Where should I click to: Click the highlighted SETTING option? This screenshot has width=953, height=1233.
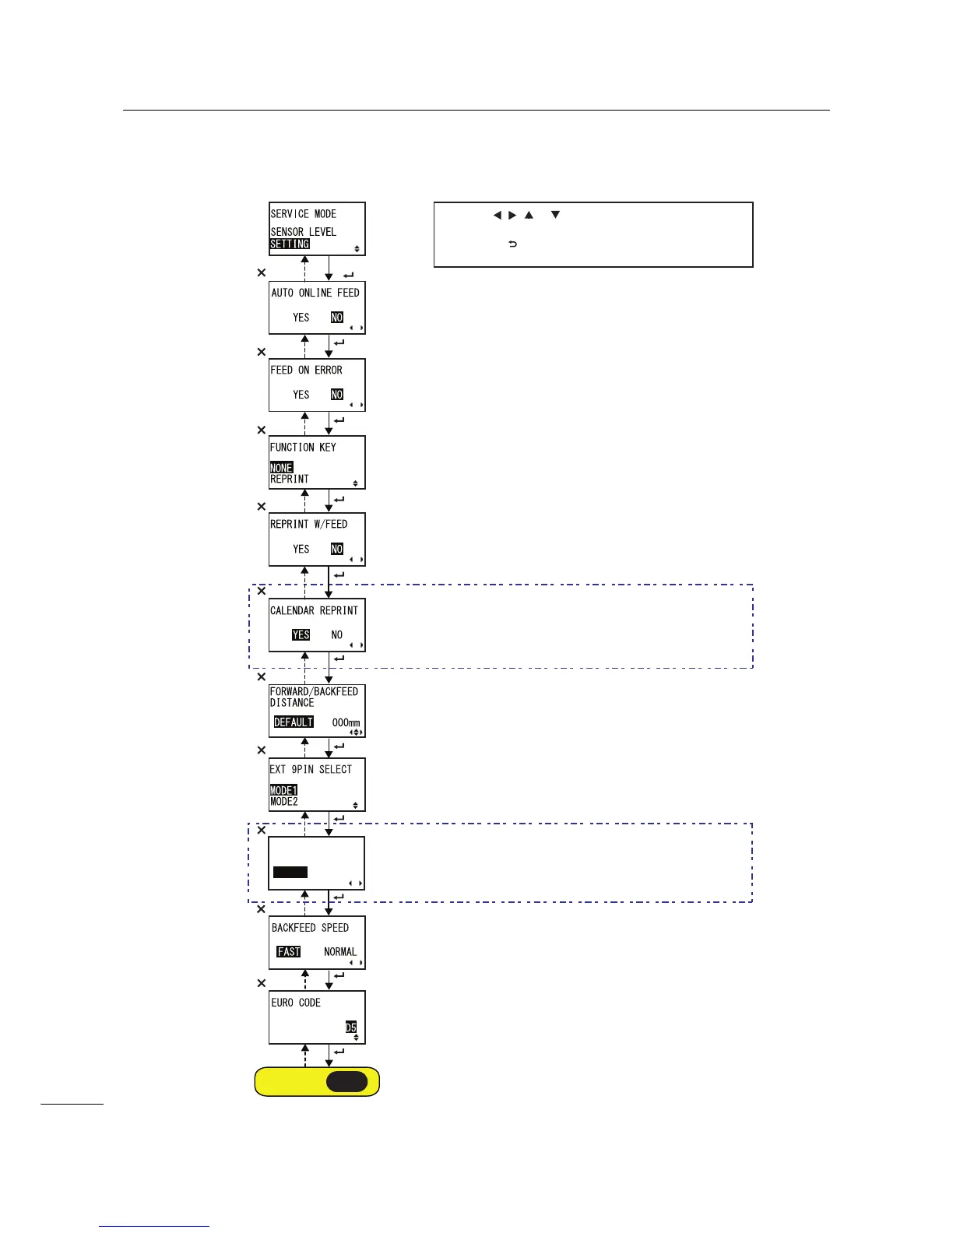[290, 244]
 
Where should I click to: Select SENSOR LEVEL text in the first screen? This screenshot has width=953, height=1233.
[303, 231]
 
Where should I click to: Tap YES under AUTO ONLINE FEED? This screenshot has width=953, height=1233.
[301, 317]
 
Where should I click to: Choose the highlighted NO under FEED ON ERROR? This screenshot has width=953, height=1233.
[336, 395]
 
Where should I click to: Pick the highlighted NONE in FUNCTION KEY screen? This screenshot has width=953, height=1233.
[281, 468]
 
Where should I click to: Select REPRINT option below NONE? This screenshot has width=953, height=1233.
[290, 479]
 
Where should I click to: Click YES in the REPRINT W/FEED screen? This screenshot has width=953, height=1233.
[301, 549]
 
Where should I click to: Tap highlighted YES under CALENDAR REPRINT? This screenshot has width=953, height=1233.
[301, 634]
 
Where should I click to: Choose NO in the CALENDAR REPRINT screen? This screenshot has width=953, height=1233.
[336, 634]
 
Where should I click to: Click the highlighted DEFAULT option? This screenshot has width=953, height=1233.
[294, 722]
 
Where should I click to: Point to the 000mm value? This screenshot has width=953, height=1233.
[346, 722]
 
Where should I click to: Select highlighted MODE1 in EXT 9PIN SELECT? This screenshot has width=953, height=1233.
[283, 790]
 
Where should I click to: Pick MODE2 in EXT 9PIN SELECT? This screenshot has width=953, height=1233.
[283, 801]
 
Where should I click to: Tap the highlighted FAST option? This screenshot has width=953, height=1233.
[289, 951]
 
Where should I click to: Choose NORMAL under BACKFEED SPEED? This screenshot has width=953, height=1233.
[340, 951]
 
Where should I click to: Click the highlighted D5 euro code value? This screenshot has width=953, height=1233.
[351, 1027]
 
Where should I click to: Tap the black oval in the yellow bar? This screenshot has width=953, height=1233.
[346, 1081]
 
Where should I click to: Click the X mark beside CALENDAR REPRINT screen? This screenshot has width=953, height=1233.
[262, 591]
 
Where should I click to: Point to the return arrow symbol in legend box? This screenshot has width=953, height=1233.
[512, 244]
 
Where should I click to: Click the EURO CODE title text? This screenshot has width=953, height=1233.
[296, 1003]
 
